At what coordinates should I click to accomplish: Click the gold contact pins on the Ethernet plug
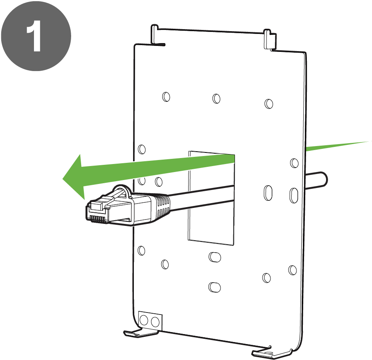pyautogui.click(x=97, y=219)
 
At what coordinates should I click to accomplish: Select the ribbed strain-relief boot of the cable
pyautogui.click(x=161, y=206)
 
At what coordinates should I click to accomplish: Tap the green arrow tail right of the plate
pyautogui.click(x=339, y=146)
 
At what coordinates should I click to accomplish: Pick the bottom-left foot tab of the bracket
pyautogui.click(x=140, y=333)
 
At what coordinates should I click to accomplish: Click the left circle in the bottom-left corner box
pyautogui.click(x=144, y=320)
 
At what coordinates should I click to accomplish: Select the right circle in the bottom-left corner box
pyautogui.click(x=155, y=322)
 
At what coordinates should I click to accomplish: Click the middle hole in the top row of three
pyautogui.click(x=217, y=99)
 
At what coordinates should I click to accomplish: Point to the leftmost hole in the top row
pyautogui.click(x=166, y=97)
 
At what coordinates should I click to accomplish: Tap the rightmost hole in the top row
pyautogui.click(x=269, y=104)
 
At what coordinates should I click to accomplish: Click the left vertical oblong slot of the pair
pyautogui.click(x=268, y=193)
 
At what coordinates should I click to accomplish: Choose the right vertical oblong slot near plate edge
pyautogui.click(x=294, y=196)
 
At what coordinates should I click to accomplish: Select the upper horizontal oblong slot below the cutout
pyautogui.click(x=215, y=257)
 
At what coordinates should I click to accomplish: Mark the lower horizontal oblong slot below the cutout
pyautogui.click(x=215, y=287)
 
